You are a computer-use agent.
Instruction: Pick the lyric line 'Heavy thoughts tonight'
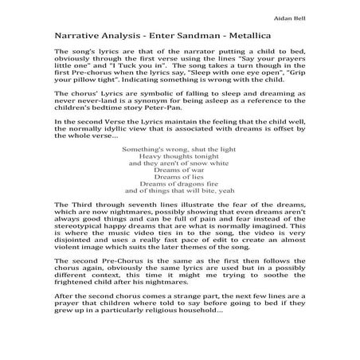(x=179, y=155)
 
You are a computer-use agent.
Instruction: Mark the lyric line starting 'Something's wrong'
(x=179, y=148)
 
